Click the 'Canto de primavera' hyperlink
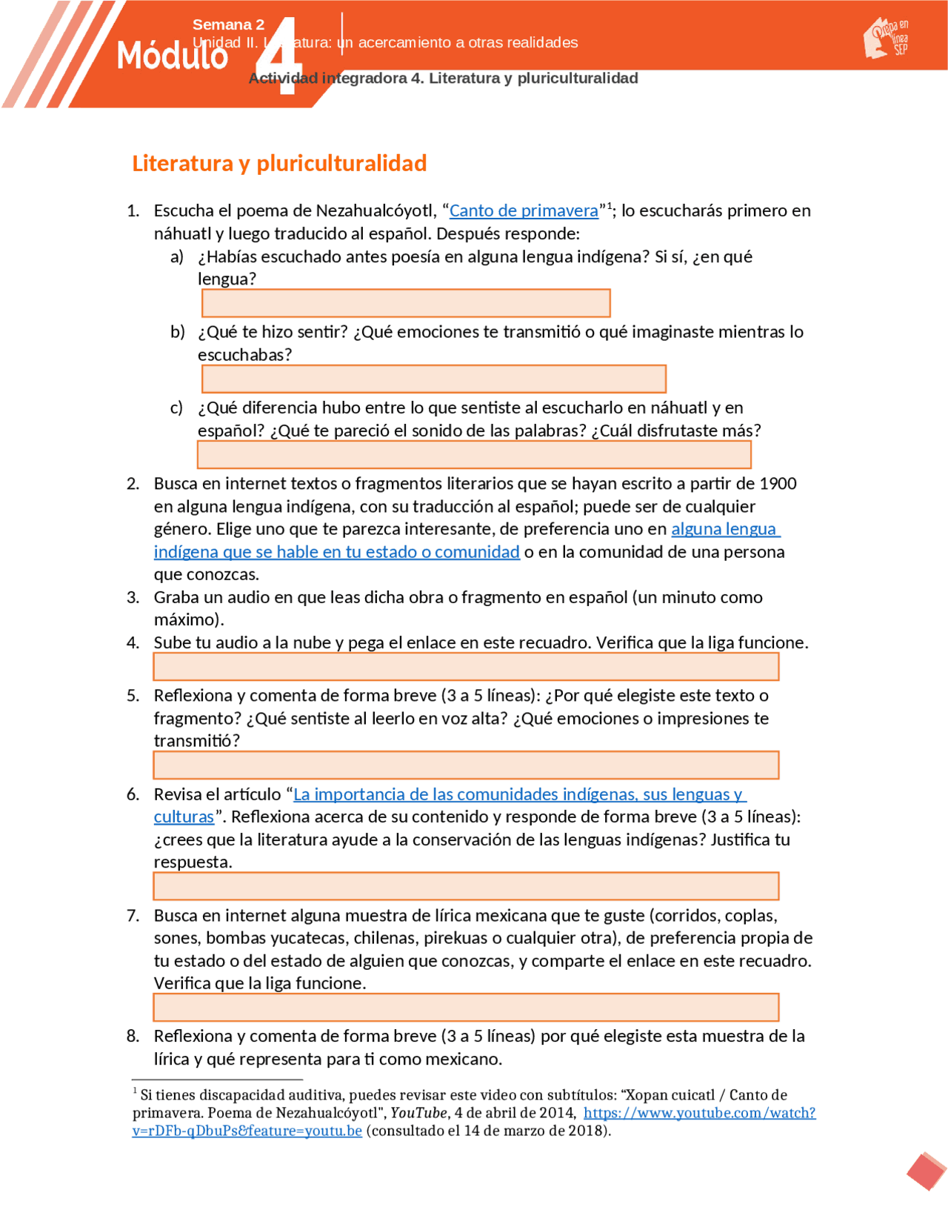point(523,211)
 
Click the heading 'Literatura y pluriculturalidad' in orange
point(279,163)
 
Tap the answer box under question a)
point(406,303)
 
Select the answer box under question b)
point(433,379)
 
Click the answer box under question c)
point(474,454)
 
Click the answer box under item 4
point(466,666)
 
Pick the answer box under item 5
point(466,765)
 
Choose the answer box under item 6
point(466,885)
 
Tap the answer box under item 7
point(466,1007)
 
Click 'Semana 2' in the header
point(228,24)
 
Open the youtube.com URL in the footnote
point(698,1113)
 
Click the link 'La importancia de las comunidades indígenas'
point(518,794)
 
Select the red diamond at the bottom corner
point(926,1171)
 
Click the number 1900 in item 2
point(778,484)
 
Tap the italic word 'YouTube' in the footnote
point(418,1113)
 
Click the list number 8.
point(133,1036)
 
